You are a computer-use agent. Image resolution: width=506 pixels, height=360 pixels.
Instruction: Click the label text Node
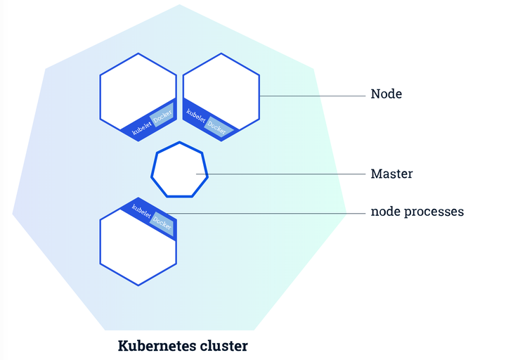click(x=386, y=94)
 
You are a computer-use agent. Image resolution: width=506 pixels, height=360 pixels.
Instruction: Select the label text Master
click(x=391, y=174)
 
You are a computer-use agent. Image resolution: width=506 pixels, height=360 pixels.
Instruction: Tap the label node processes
click(x=417, y=212)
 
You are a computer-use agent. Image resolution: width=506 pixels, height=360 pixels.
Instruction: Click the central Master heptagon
click(x=180, y=170)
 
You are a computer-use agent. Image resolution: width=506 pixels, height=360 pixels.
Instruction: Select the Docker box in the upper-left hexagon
click(x=162, y=117)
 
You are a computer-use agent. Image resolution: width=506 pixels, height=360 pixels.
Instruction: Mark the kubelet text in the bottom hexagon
click(x=142, y=211)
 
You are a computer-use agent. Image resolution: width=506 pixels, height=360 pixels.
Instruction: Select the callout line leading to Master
click(x=288, y=174)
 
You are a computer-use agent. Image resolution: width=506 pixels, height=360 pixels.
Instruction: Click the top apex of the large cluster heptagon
click(x=179, y=5)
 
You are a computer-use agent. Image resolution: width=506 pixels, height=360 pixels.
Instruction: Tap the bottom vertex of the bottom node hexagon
click(x=138, y=285)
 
